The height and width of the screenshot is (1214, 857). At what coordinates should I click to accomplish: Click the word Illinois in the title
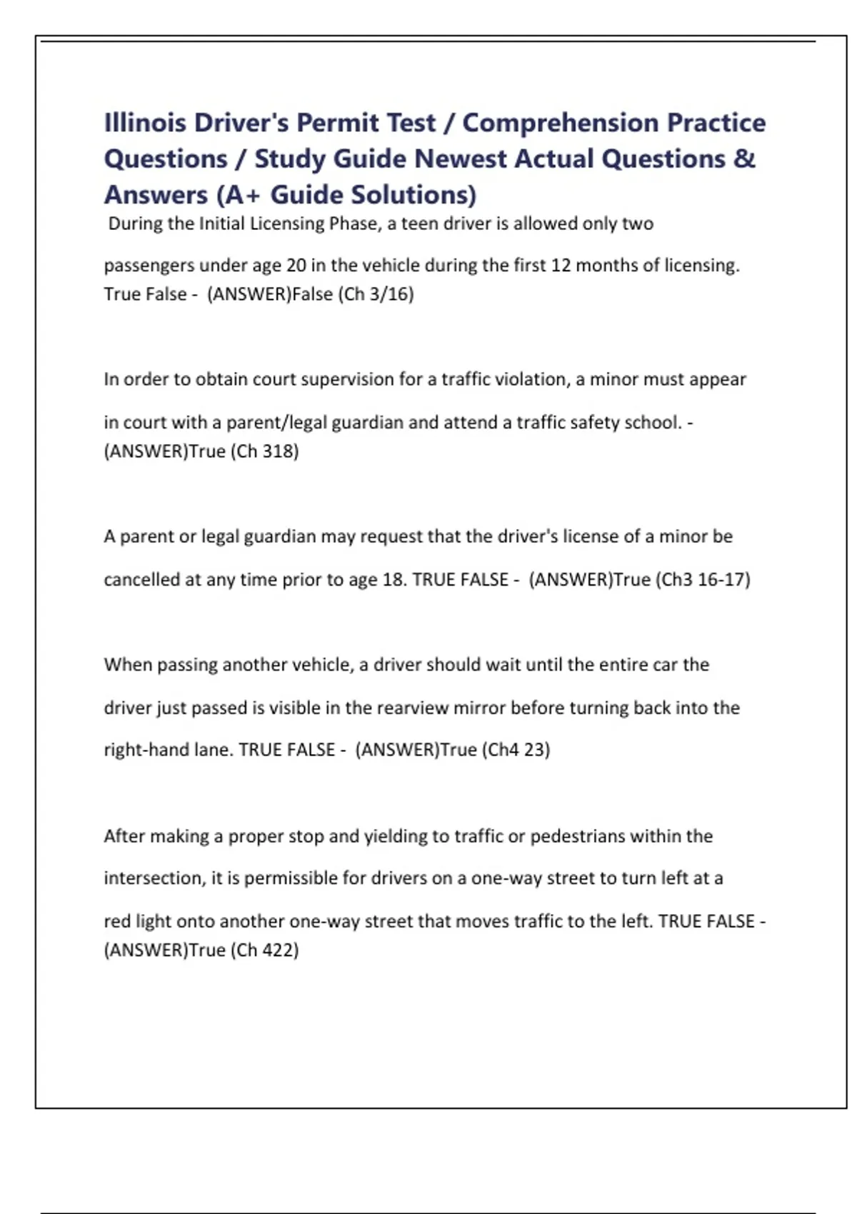(x=145, y=123)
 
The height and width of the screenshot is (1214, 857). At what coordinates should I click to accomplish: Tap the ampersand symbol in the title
(x=743, y=159)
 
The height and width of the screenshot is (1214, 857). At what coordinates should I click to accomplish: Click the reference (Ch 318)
(x=264, y=451)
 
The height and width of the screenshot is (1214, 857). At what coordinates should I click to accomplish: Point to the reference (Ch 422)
(x=264, y=950)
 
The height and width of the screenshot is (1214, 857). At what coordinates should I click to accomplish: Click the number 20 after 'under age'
(x=296, y=266)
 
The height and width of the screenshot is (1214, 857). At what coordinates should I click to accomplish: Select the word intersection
(x=154, y=878)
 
